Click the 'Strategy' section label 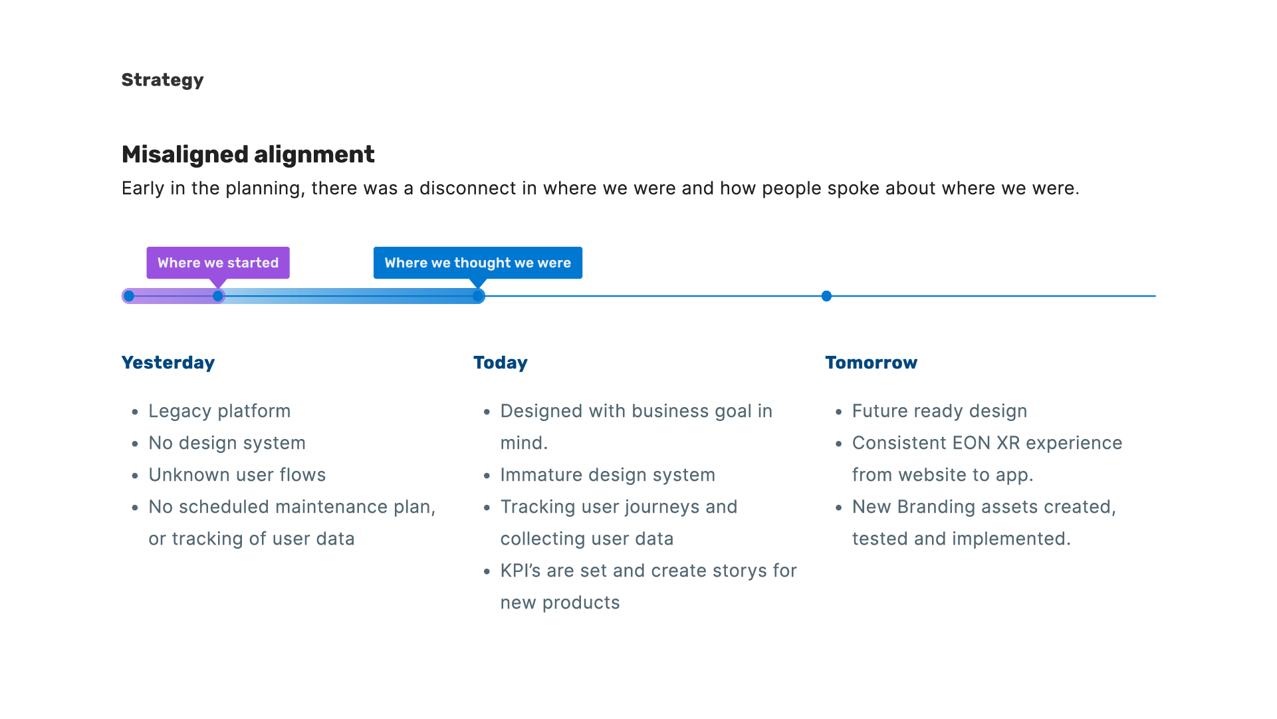click(x=162, y=80)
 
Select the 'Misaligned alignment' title click(x=248, y=154)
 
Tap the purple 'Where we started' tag click(x=218, y=263)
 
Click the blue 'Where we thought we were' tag click(x=477, y=263)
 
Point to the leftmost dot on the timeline click(x=129, y=296)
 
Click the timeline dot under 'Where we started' click(x=218, y=296)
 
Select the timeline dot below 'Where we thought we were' click(x=478, y=296)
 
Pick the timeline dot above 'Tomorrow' click(x=826, y=296)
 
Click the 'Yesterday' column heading click(x=168, y=362)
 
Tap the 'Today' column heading click(x=501, y=362)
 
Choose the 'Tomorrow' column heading click(x=871, y=362)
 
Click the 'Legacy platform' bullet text click(x=219, y=411)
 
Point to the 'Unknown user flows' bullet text click(x=237, y=475)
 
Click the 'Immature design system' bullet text click(x=608, y=475)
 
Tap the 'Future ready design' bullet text click(x=939, y=411)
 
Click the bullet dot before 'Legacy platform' click(x=135, y=412)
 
